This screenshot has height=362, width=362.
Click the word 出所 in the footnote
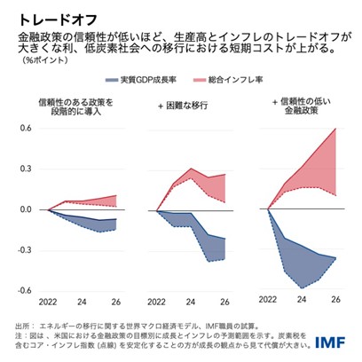25,326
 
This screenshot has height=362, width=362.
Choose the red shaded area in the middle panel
200,182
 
